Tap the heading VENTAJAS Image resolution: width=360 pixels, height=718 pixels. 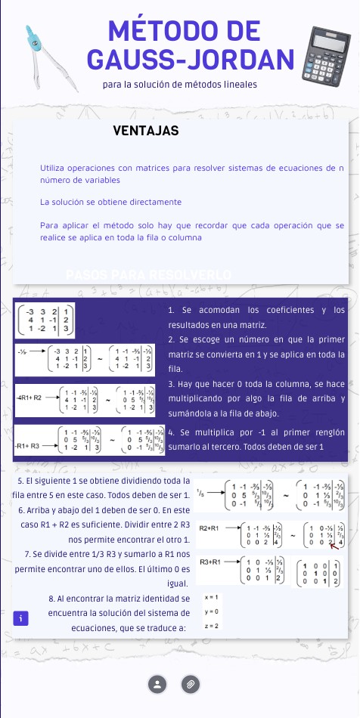tap(145, 131)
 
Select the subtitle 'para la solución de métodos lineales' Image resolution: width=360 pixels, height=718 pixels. tap(180, 85)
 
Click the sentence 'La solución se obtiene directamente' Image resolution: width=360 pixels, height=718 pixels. tap(110, 203)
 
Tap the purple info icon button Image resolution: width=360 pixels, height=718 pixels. tap(23, 618)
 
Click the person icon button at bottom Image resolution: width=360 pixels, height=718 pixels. tap(157, 684)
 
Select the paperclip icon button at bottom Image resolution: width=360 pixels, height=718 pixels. tap(191, 684)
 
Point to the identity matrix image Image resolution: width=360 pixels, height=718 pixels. tap(321, 571)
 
